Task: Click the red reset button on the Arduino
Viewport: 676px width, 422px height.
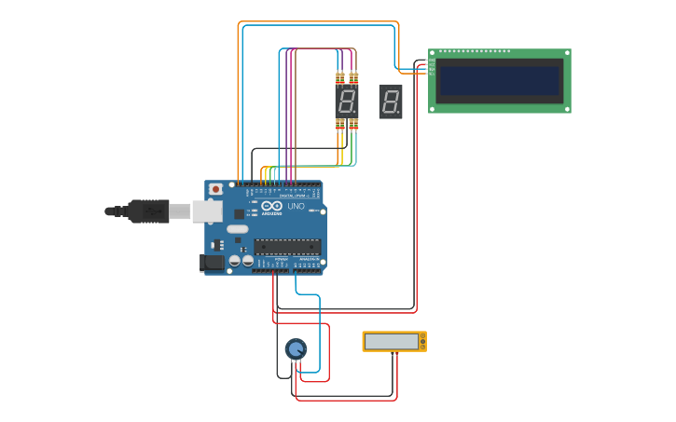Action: pos(215,189)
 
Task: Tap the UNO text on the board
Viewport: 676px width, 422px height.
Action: pos(296,206)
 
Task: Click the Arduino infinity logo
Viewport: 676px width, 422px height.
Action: pos(271,206)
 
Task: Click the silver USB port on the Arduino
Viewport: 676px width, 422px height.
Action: pos(207,211)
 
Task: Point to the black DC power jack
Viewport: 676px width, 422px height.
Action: pos(213,263)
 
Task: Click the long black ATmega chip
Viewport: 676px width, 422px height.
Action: pos(287,247)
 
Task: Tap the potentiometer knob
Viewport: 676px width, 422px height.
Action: pos(296,349)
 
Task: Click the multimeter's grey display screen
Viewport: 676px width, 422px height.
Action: pos(392,342)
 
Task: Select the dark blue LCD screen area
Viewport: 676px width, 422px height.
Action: pos(500,81)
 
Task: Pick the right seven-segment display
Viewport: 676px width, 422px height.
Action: pos(391,101)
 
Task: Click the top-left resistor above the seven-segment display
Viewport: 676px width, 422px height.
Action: pos(340,78)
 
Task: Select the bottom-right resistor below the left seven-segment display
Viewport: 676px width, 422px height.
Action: pos(353,125)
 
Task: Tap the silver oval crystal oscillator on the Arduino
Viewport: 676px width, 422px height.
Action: pos(238,229)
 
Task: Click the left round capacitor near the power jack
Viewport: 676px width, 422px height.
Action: pos(235,262)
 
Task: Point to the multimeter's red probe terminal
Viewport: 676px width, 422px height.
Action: pos(396,353)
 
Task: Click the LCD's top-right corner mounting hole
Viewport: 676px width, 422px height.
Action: pos(566,54)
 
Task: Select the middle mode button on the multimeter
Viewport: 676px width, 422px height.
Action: pos(422,342)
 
